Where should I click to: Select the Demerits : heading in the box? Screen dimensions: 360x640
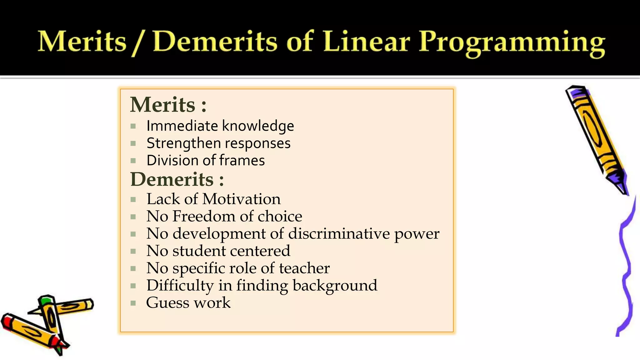tap(177, 179)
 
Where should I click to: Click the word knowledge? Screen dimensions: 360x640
tap(258, 126)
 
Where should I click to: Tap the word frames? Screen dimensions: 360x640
tap(242, 161)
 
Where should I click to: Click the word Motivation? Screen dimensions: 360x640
tap(241, 199)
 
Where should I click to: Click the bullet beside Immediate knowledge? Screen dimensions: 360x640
tap(133, 126)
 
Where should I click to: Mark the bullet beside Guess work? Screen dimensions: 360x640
tap(133, 303)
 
